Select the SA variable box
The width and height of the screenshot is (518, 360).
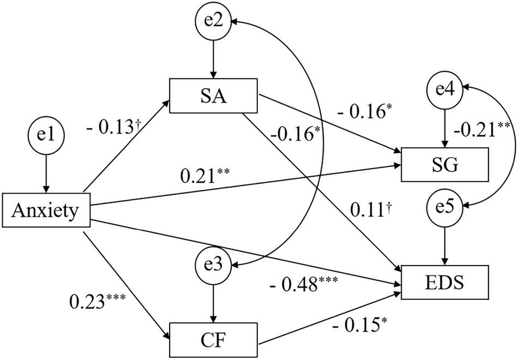pos(214,98)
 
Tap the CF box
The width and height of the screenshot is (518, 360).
pos(214,341)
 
